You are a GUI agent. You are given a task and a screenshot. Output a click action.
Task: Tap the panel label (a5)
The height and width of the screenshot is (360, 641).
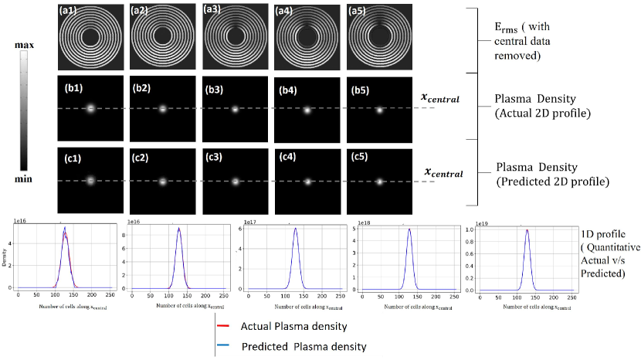click(x=359, y=11)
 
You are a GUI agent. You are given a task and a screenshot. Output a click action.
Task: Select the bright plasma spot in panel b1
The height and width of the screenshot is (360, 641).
click(x=90, y=109)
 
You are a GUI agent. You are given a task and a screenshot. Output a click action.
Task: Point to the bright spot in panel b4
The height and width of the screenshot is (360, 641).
click(x=307, y=110)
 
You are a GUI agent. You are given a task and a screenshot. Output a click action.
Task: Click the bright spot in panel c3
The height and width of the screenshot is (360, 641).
click(x=235, y=182)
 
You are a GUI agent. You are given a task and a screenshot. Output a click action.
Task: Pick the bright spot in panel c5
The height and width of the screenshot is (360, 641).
click(x=379, y=182)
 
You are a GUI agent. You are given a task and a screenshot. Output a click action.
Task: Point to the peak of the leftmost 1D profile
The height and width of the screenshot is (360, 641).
click(x=65, y=228)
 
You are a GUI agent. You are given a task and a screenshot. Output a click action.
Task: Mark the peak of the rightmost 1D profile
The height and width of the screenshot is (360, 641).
click(x=527, y=229)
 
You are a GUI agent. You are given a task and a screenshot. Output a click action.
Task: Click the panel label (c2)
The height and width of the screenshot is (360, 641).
click(x=141, y=158)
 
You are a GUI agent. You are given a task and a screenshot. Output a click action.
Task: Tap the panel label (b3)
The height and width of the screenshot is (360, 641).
click(x=213, y=87)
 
